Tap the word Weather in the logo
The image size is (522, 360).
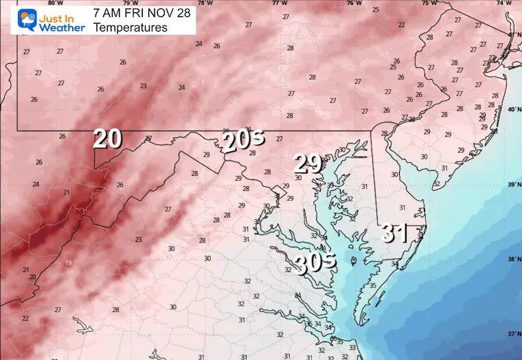click(61, 27)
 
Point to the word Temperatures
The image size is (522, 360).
click(130, 27)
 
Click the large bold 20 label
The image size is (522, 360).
click(108, 139)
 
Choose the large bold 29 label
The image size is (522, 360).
click(308, 164)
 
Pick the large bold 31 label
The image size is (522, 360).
click(397, 234)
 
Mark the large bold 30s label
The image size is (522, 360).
click(315, 261)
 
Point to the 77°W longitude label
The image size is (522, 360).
click(280, 3)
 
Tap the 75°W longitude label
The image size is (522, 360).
click(429, 3)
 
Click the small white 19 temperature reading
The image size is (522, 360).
click(68, 263)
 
